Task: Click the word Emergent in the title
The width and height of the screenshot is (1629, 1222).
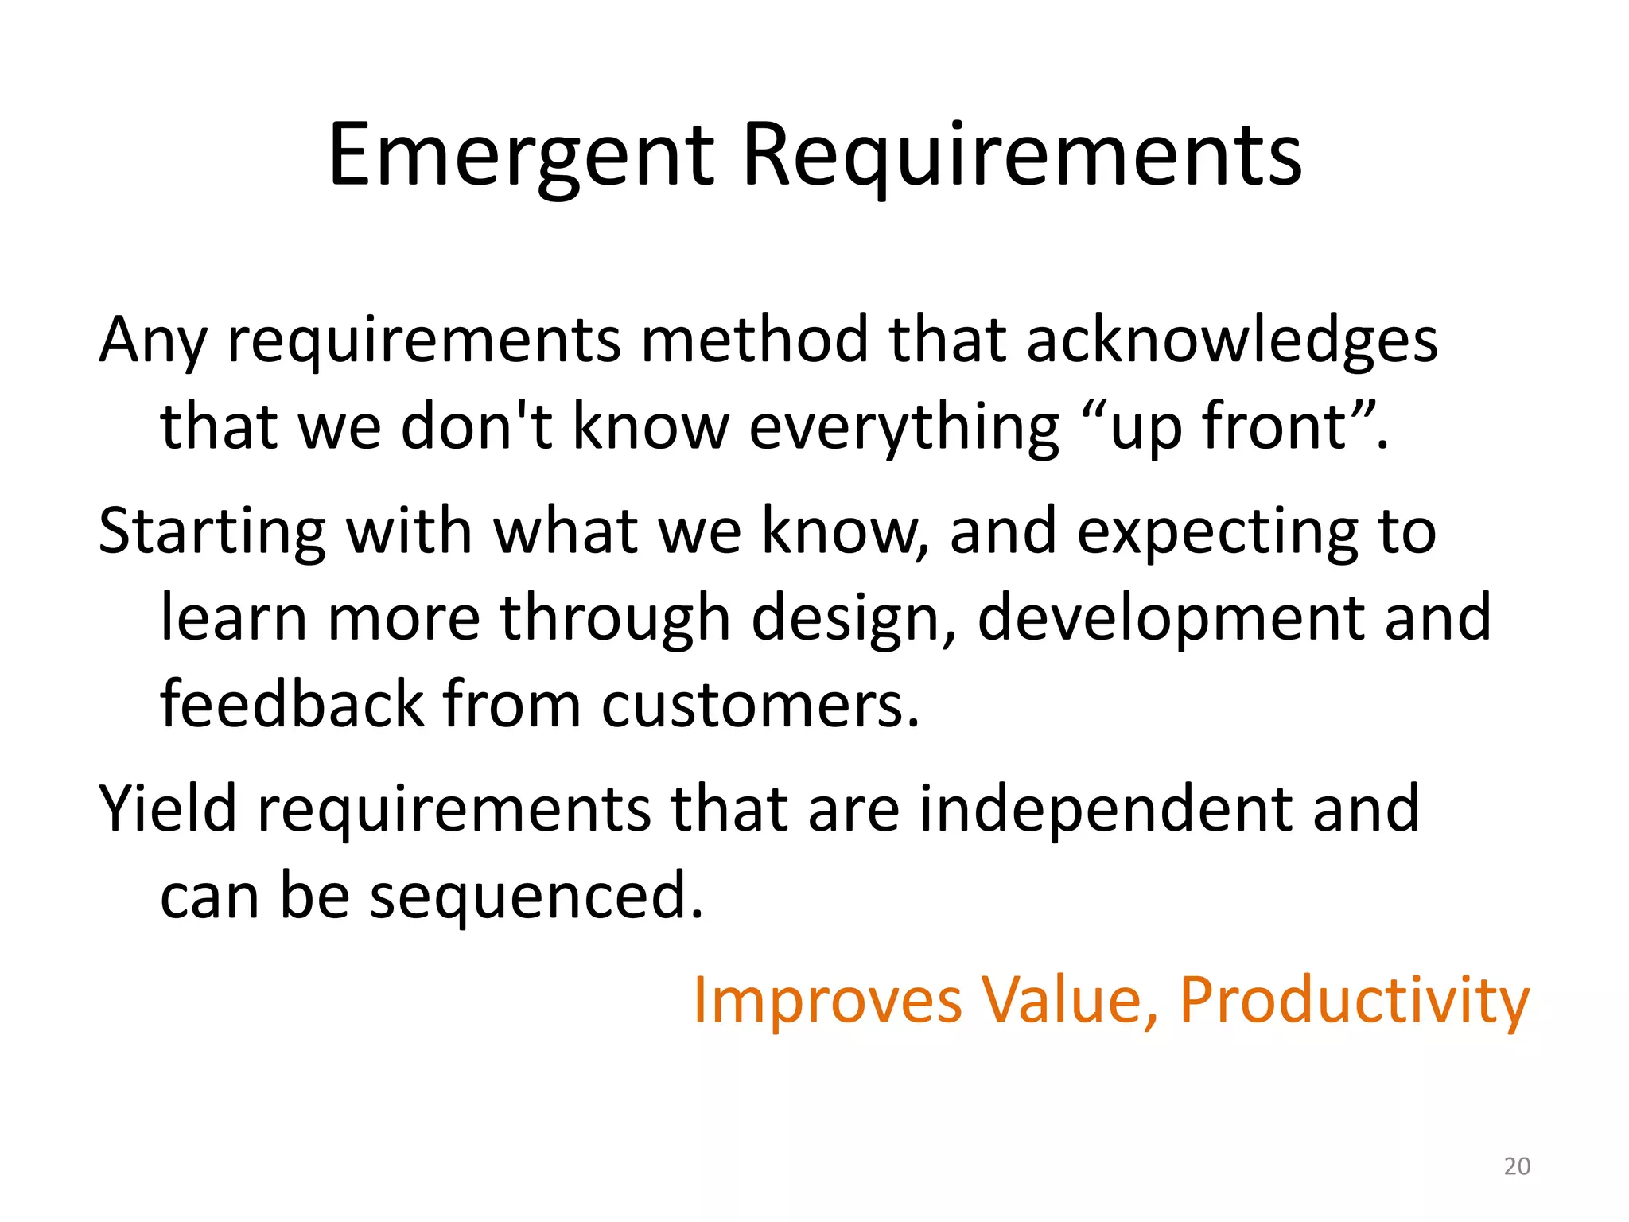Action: (x=521, y=157)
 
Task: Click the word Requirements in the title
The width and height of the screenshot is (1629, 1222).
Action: (x=1021, y=157)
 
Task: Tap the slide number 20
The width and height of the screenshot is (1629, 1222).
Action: (x=1517, y=1166)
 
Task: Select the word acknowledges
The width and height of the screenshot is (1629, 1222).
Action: (x=1231, y=341)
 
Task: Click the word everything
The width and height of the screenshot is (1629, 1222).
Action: (x=904, y=428)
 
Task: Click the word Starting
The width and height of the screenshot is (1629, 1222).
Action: (x=212, y=531)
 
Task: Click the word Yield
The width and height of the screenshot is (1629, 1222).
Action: (x=168, y=808)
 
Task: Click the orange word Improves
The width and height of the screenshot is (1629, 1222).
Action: (x=827, y=1001)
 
